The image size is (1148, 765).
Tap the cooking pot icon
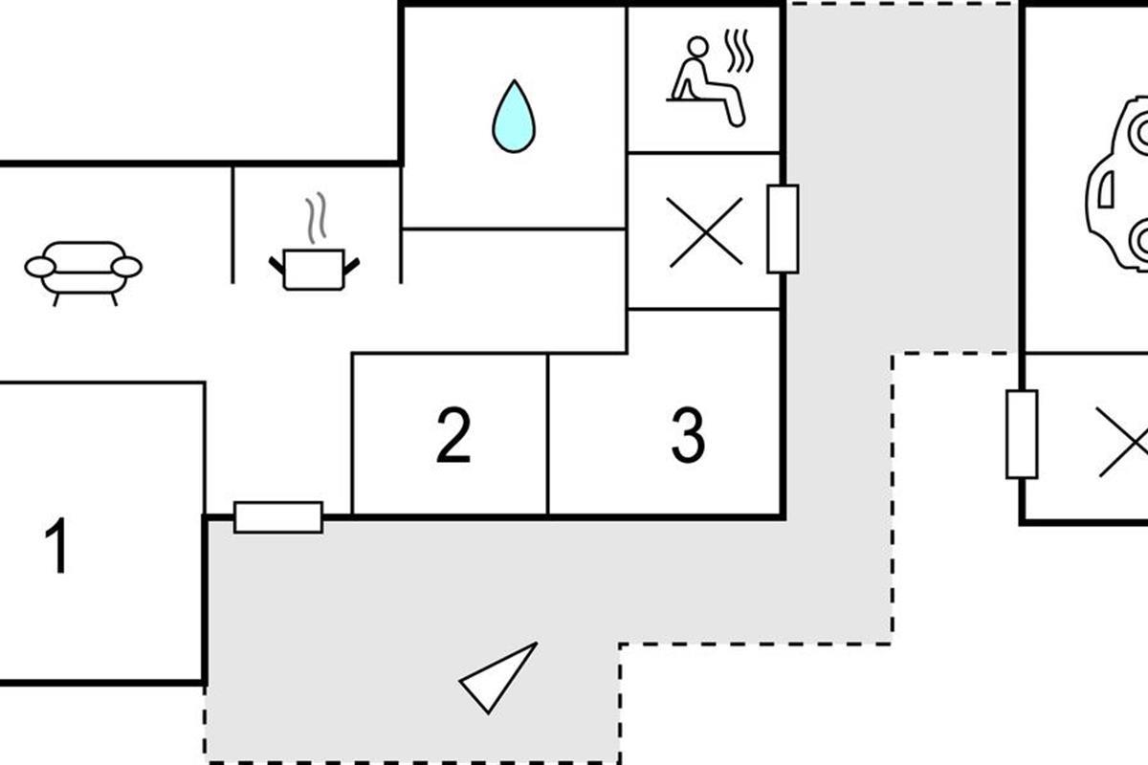314,267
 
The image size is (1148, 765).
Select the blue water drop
514,117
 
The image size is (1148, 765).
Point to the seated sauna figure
705,82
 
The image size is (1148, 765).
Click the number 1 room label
58,546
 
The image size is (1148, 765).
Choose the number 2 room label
453,435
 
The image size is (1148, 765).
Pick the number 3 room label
688,435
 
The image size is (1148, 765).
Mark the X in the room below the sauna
706,232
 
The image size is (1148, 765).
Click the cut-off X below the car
1125,441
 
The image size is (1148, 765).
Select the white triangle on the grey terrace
498,678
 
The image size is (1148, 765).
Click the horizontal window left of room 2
278,517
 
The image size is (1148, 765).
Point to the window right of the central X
783,229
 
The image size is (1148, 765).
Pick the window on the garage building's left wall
1022,434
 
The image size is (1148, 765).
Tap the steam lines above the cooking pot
317,217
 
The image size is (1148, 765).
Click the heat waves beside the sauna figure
740,51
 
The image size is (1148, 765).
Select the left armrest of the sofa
39,267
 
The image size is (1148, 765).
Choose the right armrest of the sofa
126,267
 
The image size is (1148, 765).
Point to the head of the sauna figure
698,47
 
